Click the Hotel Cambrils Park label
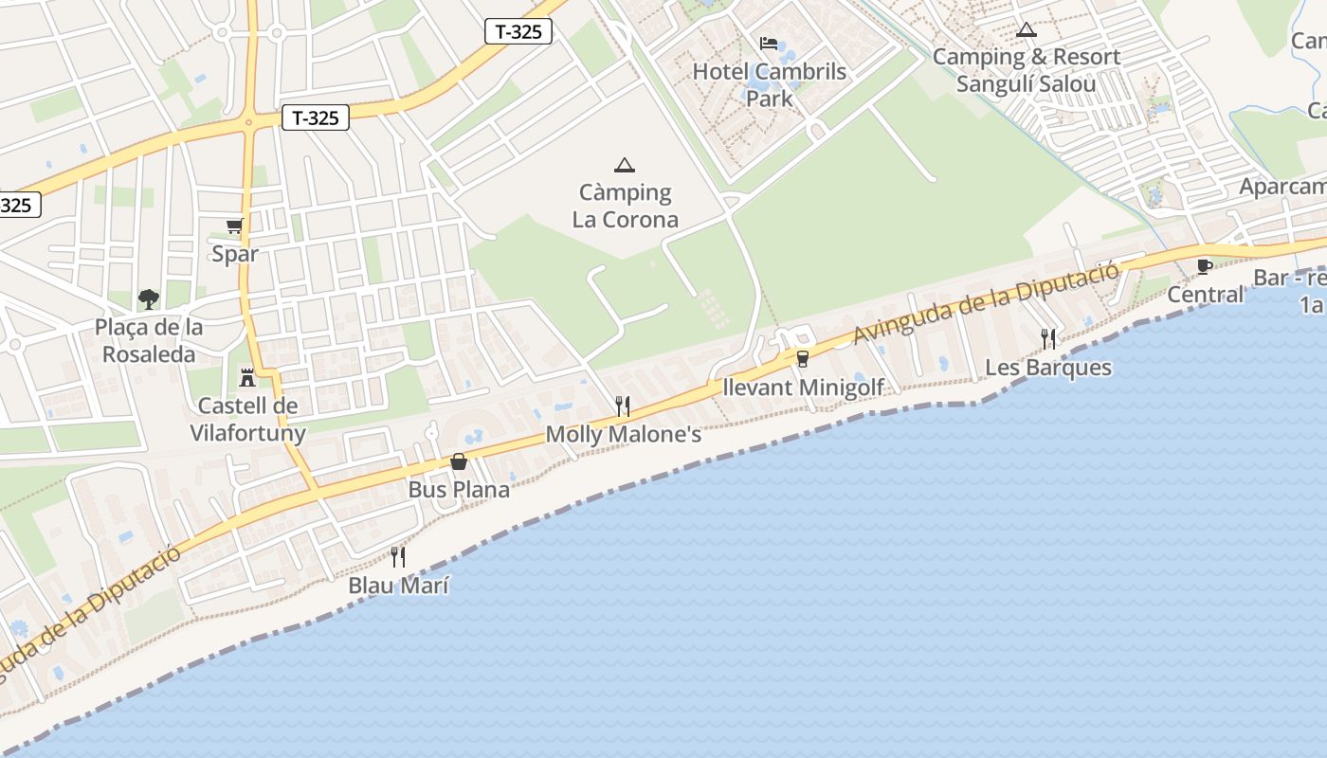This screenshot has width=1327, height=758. [769, 84]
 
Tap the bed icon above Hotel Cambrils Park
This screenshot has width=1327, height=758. [769, 44]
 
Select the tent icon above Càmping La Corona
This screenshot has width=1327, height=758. [624, 166]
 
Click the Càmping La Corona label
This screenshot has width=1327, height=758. [626, 207]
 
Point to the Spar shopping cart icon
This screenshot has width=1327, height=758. [235, 226]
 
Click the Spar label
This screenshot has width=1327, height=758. [235, 254]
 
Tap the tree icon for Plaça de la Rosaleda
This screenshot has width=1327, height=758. [148, 299]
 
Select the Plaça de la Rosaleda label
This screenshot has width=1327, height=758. [149, 341]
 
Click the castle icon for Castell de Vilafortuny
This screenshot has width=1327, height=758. [247, 378]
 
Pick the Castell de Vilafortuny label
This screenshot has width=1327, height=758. [247, 420]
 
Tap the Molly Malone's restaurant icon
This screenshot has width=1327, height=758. [623, 406]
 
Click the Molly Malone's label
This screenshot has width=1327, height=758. [624, 435]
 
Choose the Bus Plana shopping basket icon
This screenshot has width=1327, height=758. [459, 461]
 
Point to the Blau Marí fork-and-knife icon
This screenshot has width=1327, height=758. [398, 557]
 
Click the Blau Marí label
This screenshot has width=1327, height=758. [398, 586]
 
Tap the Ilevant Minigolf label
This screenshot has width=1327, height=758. [803, 388]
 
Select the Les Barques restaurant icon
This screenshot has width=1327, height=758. [1048, 339]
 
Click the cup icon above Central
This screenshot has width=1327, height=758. [1205, 266]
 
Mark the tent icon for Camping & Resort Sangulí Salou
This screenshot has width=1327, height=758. [1026, 30]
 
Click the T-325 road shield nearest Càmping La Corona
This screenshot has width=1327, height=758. [518, 31]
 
